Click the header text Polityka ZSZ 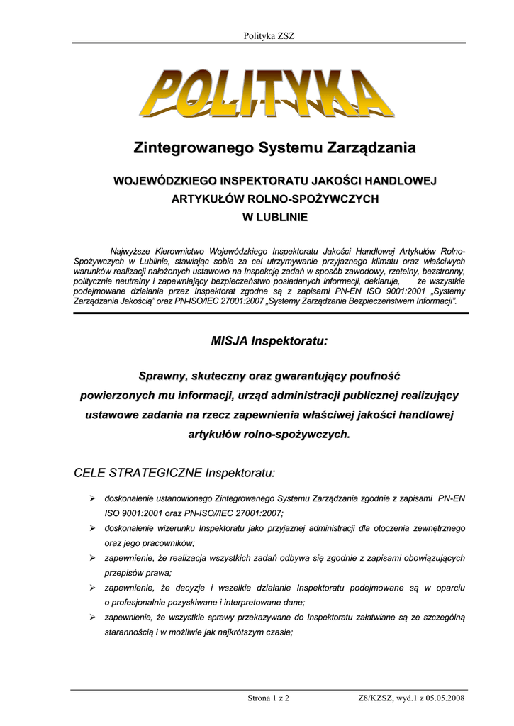(x=268, y=35)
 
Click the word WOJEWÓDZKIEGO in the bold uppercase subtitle (x=165, y=182)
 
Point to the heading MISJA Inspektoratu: (x=269, y=342)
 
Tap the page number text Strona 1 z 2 (x=269, y=698)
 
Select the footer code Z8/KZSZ (x=376, y=698)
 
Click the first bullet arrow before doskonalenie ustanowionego (x=92, y=498)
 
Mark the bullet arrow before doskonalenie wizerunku (x=92, y=528)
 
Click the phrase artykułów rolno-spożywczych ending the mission (x=269, y=434)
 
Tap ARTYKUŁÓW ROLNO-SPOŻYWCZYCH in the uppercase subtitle (x=275, y=200)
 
